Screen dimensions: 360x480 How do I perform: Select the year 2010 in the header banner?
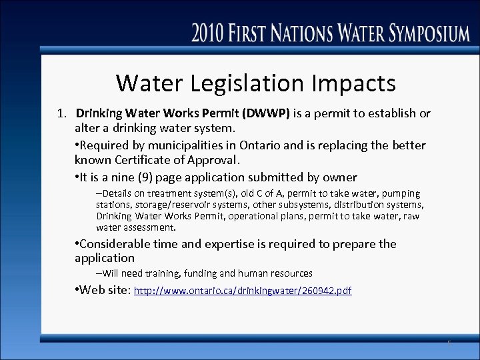tap(211, 33)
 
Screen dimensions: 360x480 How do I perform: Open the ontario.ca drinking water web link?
tap(243, 291)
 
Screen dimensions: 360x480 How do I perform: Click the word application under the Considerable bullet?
tap(105, 258)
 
